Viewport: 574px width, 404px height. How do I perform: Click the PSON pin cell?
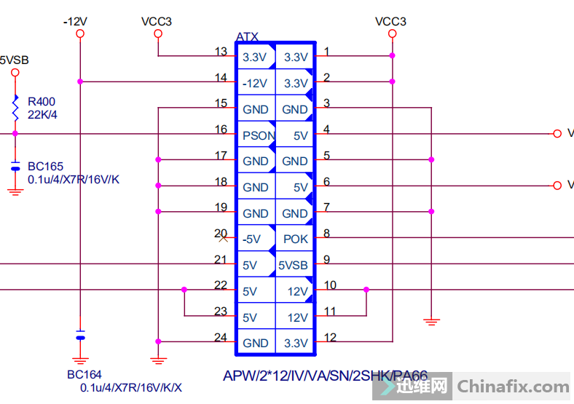pos(259,135)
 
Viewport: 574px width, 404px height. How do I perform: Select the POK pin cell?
pos(295,239)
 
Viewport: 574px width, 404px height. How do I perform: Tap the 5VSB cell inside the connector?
pos(293,266)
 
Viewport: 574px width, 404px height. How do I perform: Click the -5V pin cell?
pos(252,239)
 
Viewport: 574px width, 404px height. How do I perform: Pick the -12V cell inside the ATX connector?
pos(255,84)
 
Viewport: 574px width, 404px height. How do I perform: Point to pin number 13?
pos(221,52)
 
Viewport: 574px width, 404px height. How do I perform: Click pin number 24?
pos(221,337)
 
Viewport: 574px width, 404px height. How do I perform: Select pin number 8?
pos(327,234)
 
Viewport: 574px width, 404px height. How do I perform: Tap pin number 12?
pos(331,337)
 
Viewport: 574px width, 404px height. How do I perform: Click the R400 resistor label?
pos(42,102)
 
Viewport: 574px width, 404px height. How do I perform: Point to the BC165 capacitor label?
pos(45,167)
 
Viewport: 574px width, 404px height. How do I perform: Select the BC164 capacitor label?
pos(84,375)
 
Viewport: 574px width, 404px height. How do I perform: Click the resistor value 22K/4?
pos(42,114)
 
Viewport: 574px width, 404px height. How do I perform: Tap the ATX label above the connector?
pos(247,37)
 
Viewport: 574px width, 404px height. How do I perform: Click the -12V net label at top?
pos(76,22)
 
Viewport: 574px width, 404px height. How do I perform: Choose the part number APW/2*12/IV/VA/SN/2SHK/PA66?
pos(325,376)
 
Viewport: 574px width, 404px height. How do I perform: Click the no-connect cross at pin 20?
pos(224,238)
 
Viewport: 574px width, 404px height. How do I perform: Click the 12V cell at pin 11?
pos(297,318)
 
